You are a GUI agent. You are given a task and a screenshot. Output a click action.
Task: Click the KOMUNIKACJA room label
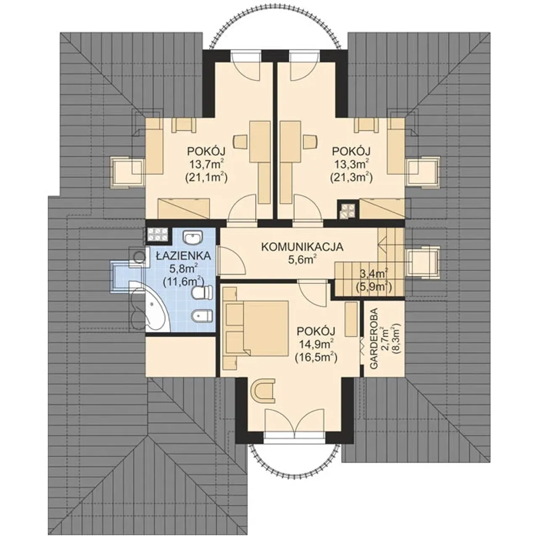pyautogui.click(x=302, y=247)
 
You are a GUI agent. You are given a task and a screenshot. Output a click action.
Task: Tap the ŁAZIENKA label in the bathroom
pyautogui.click(x=183, y=256)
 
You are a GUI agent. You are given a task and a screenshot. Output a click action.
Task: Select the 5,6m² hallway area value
pyautogui.click(x=302, y=260)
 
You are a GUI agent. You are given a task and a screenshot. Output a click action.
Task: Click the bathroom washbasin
pyautogui.click(x=193, y=237)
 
